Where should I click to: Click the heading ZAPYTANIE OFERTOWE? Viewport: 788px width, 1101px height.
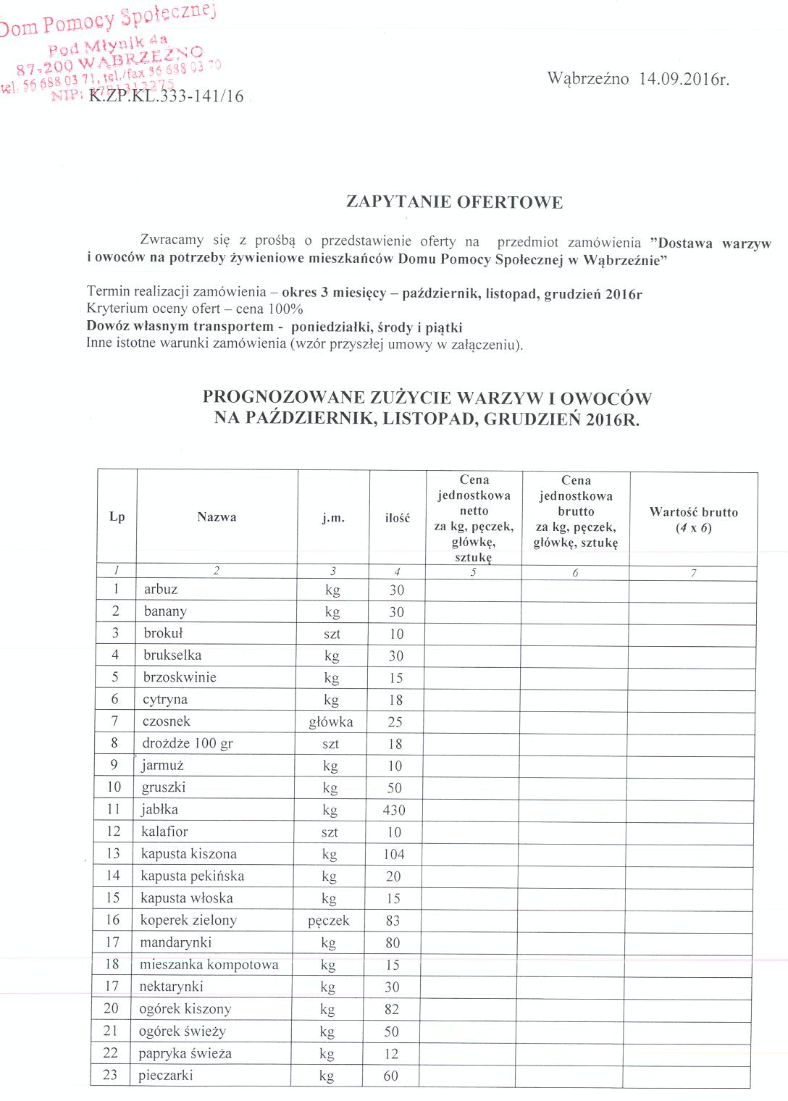click(454, 202)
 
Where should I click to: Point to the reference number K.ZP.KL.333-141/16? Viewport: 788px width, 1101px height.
click(166, 97)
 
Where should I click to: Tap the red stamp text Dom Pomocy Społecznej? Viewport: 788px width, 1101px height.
click(109, 20)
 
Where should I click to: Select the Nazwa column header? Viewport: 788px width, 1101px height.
click(217, 517)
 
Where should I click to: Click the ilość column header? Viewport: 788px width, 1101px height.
click(397, 518)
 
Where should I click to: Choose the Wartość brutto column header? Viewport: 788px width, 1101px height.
click(693, 519)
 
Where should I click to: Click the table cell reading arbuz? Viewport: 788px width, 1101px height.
click(161, 590)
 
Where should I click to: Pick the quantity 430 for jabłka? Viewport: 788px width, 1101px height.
click(394, 810)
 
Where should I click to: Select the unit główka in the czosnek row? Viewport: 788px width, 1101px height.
click(331, 722)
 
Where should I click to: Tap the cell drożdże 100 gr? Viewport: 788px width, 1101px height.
click(188, 744)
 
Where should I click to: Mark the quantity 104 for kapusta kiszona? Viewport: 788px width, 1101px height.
click(394, 854)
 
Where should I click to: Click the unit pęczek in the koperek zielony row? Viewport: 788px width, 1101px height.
click(329, 921)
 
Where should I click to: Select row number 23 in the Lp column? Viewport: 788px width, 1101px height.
click(110, 1075)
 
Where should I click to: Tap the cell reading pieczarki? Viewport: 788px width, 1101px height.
click(166, 1076)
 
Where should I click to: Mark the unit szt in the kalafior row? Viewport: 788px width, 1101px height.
click(330, 832)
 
